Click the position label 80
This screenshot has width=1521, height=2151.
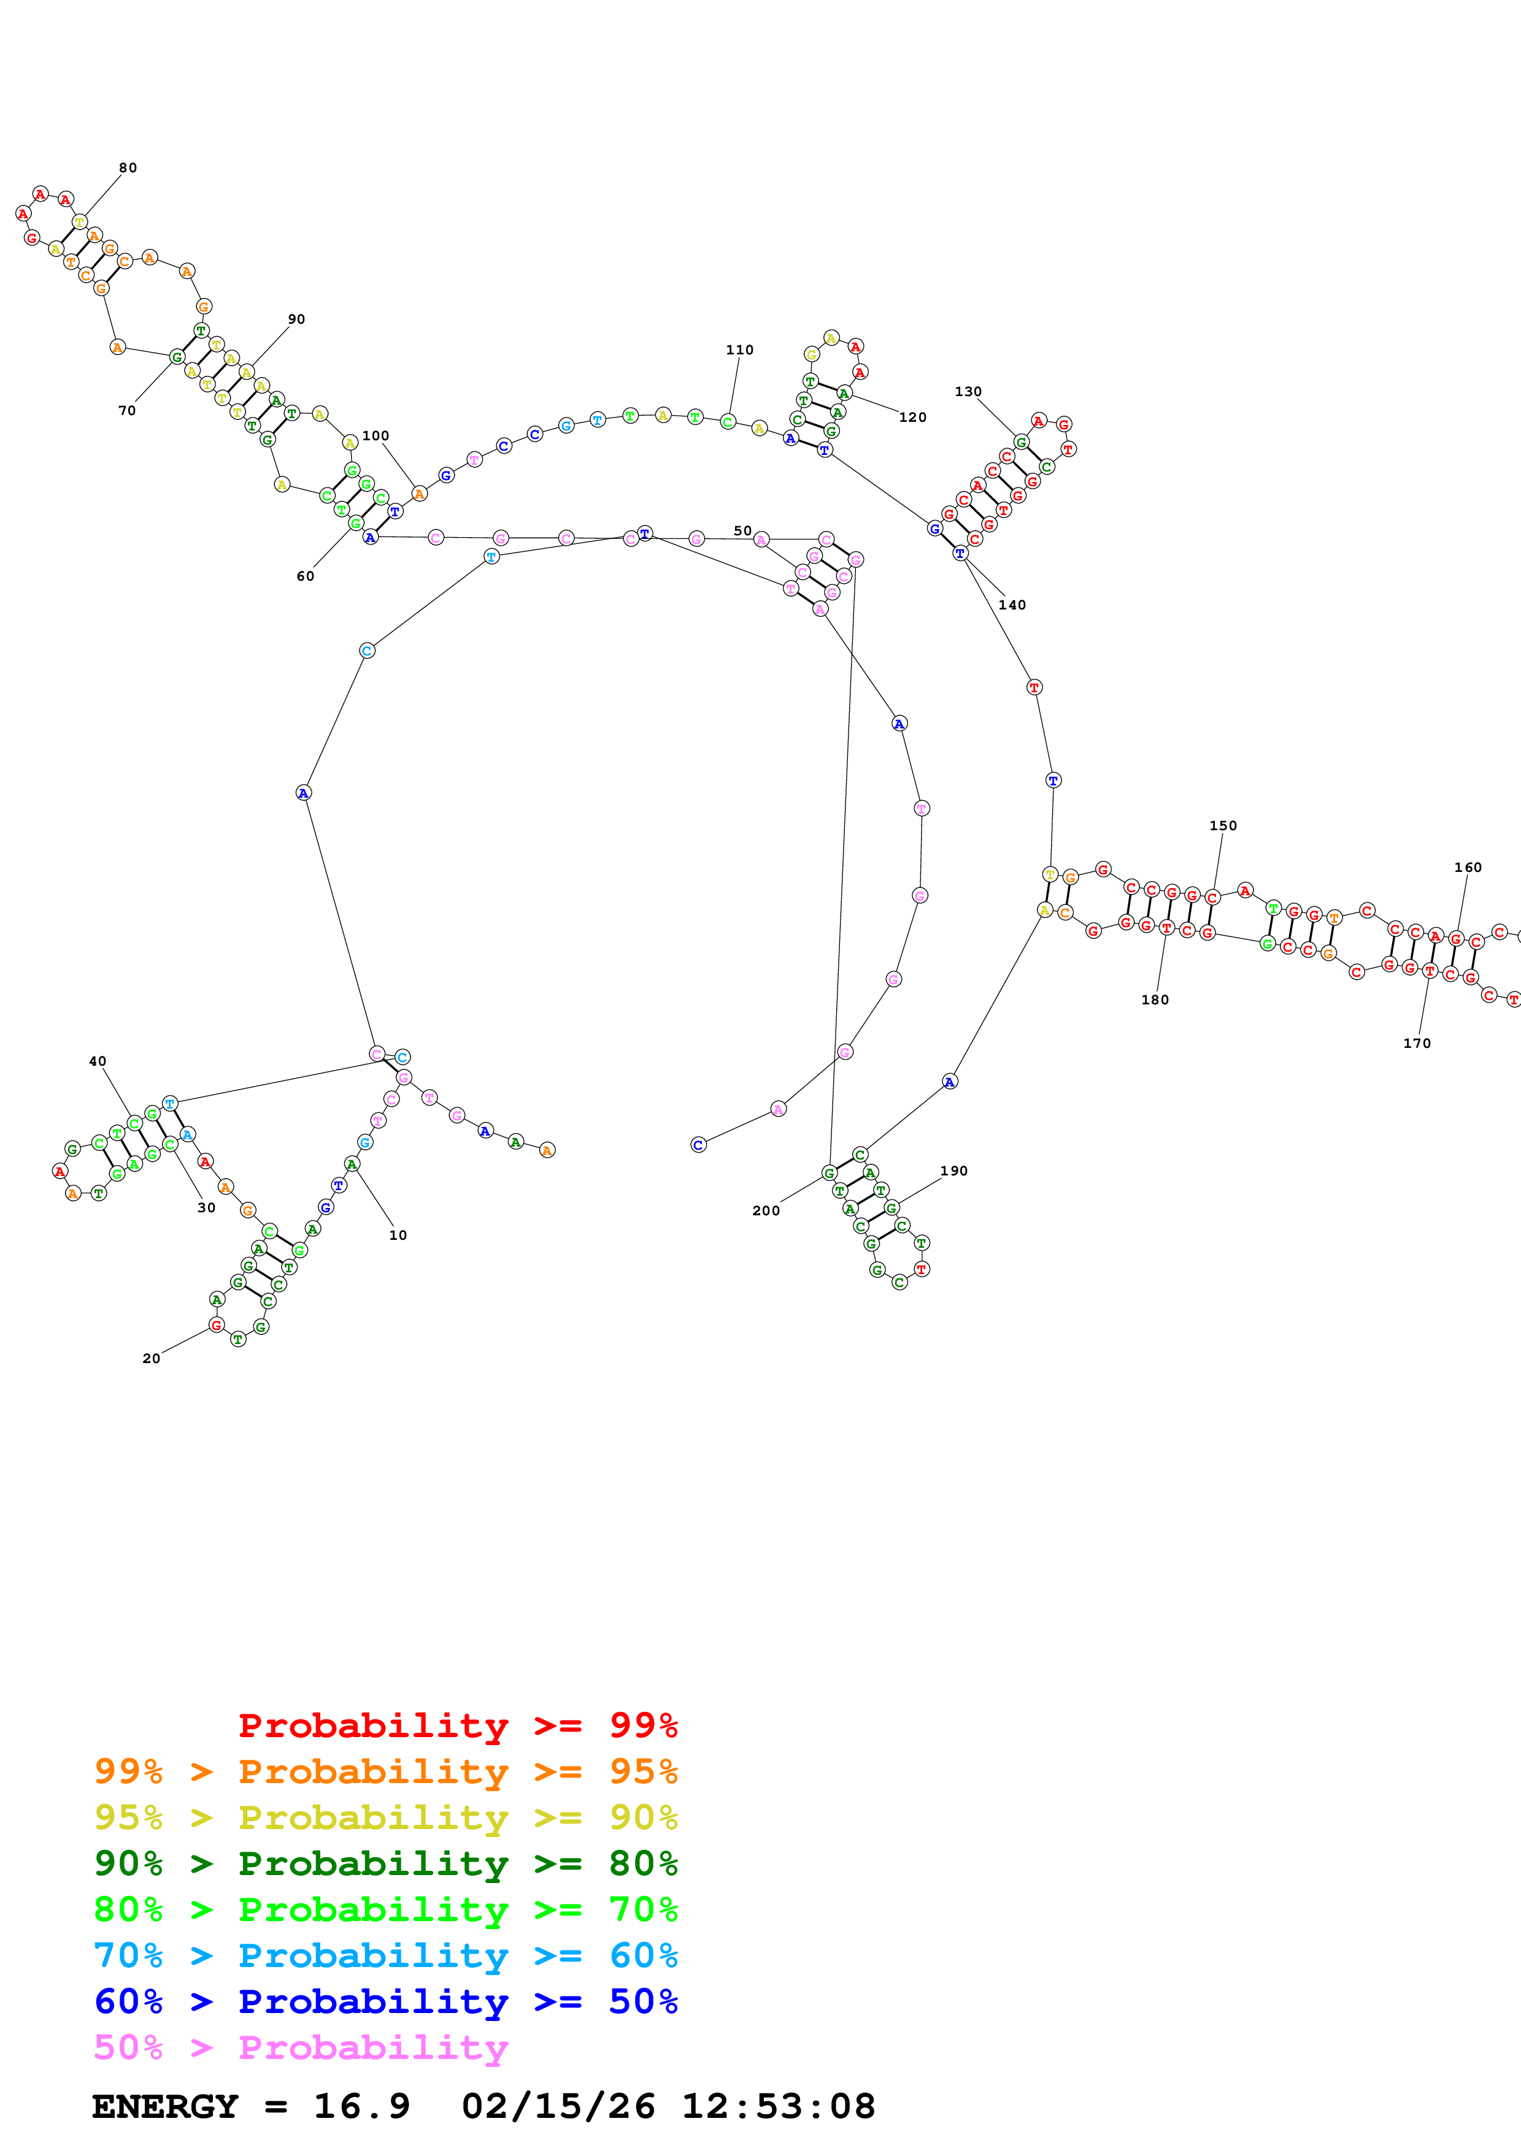(x=128, y=167)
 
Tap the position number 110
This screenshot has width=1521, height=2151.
(x=739, y=350)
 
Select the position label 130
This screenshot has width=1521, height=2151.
(x=968, y=392)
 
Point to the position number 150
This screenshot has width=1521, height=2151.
(x=1223, y=825)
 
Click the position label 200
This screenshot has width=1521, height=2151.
(x=766, y=1210)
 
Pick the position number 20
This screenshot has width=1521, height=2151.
(x=151, y=1358)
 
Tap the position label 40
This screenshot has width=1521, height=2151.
(x=98, y=1061)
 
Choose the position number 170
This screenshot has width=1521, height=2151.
(x=1417, y=1043)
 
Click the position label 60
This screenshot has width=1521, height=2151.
(x=306, y=576)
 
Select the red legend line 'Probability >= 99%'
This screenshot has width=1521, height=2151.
(x=457, y=1725)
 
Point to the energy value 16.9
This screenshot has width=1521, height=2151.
(x=362, y=2106)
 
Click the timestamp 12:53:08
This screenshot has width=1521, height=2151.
(x=778, y=2106)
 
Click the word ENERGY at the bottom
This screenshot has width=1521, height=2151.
(x=165, y=2106)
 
